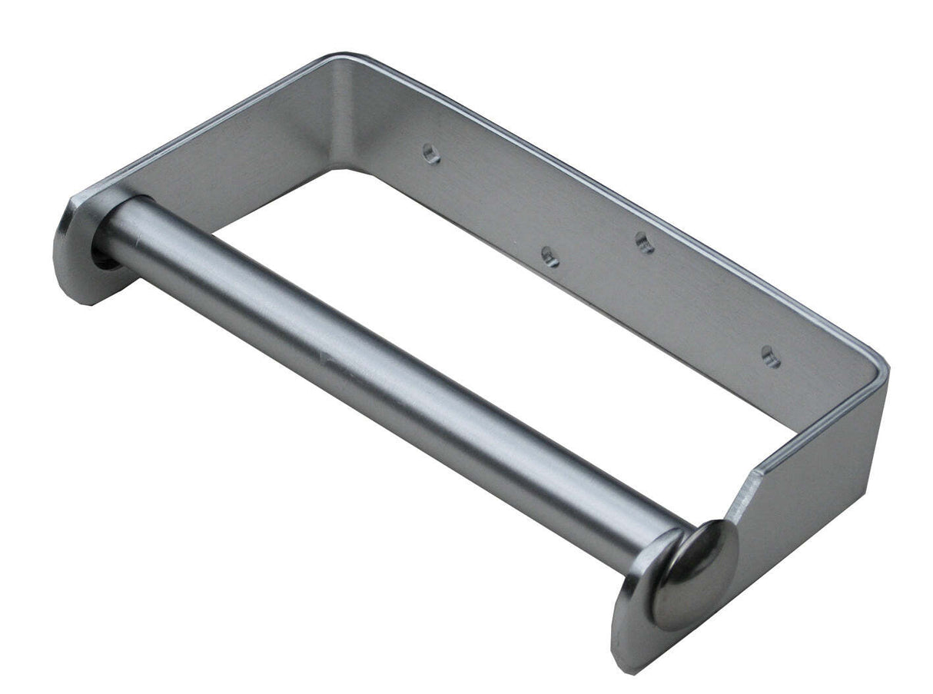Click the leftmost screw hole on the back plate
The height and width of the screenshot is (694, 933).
pos(432,153)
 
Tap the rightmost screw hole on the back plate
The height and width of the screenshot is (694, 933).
pos(770,357)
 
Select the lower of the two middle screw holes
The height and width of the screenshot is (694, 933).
pos(550,257)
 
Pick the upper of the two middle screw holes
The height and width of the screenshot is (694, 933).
pos(645,243)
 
